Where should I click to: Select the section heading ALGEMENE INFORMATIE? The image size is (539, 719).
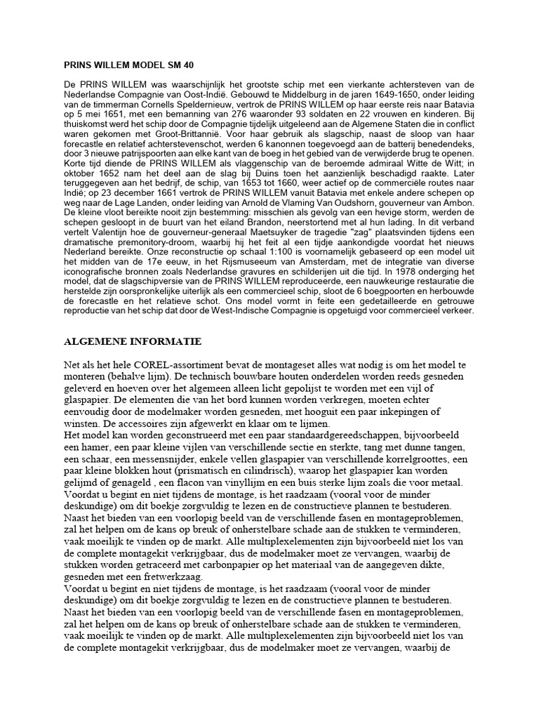pyautogui.click(x=133, y=341)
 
